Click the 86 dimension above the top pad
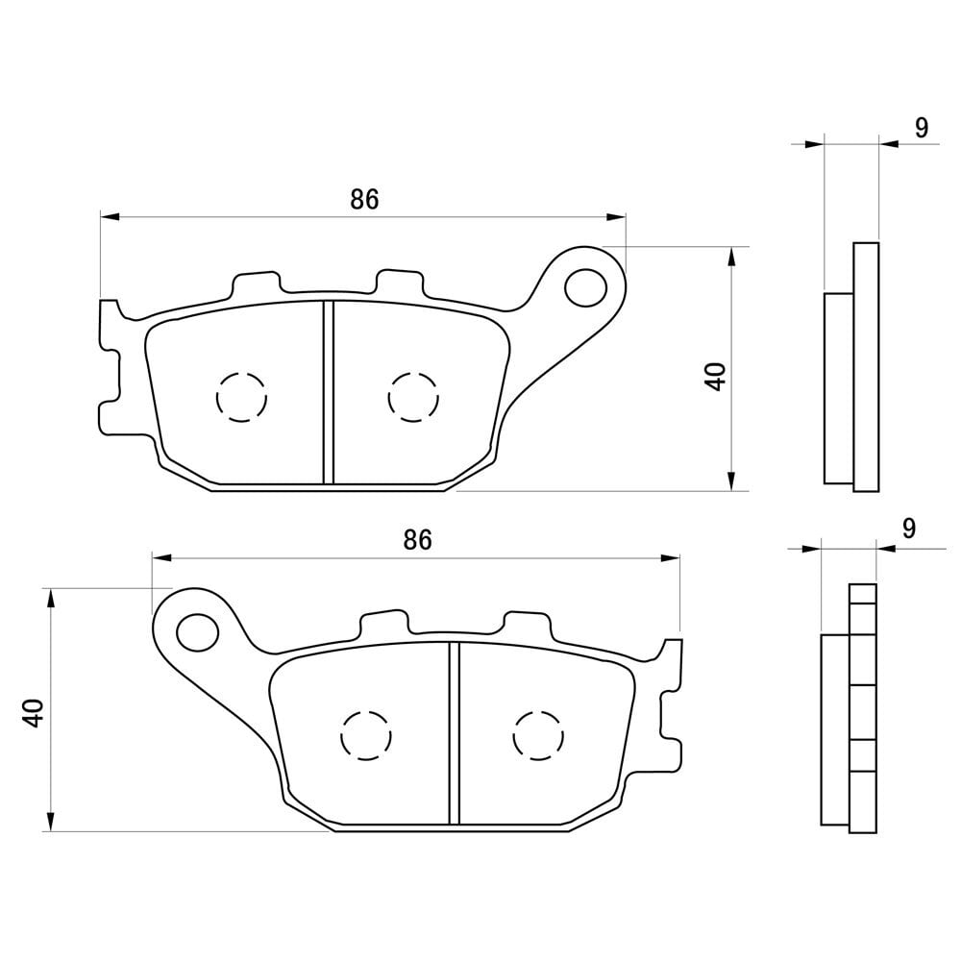pyautogui.click(x=364, y=199)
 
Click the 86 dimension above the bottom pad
pyautogui.click(x=417, y=540)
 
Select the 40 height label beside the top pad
pyautogui.click(x=715, y=377)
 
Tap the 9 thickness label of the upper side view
pyautogui.click(x=922, y=128)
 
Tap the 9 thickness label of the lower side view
pyautogui.click(x=909, y=528)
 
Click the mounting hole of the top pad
pyautogui.click(x=585, y=286)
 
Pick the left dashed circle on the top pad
pyautogui.click(x=241, y=397)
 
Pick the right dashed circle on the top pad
pyautogui.click(x=413, y=397)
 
